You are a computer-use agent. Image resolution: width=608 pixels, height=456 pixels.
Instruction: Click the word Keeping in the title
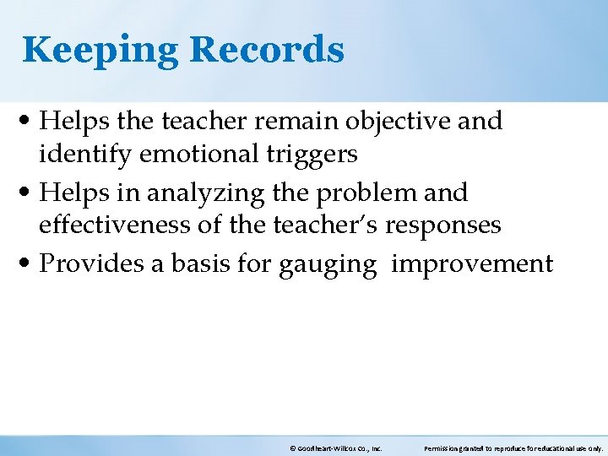(100, 50)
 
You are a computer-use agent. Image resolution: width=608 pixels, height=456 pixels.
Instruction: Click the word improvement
(473, 263)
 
